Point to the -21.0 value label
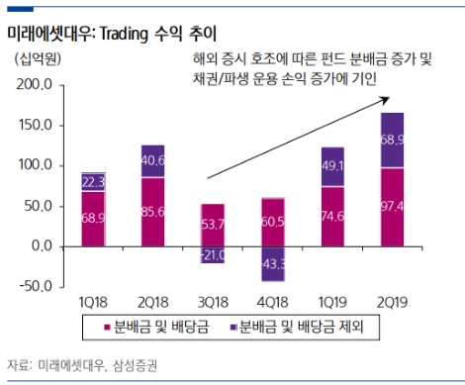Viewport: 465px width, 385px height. click(207, 253)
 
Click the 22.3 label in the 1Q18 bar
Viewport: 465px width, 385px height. click(93, 181)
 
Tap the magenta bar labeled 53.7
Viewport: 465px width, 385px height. click(207, 225)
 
